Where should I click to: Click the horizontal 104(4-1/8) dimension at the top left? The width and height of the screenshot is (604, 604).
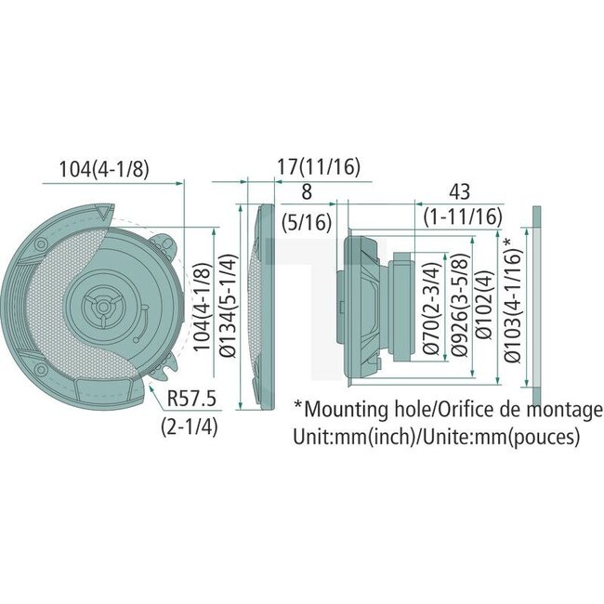coord(104,169)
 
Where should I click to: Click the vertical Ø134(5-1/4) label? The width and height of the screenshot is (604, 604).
coord(226,306)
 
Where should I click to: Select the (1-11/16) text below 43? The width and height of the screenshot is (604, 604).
coord(463,217)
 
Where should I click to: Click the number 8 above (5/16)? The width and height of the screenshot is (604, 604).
coord(307,192)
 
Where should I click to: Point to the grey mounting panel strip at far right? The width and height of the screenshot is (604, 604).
coord(536,307)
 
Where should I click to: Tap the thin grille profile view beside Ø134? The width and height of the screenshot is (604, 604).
coord(261,307)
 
